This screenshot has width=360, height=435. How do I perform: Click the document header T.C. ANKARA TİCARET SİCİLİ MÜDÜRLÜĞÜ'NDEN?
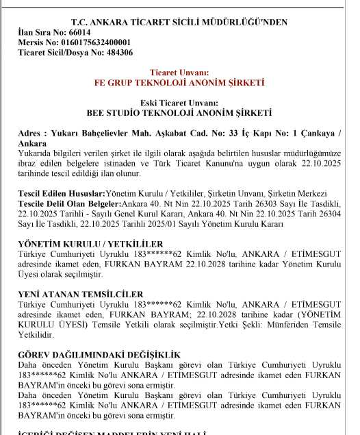pyautogui.click(x=179, y=23)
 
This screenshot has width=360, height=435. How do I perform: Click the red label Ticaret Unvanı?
pyautogui.click(x=179, y=72)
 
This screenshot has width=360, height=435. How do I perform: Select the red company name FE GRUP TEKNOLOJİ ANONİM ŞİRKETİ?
pyautogui.click(x=179, y=82)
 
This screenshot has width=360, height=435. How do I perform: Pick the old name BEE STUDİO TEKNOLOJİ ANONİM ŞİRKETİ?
pyautogui.click(x=179, y=112)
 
